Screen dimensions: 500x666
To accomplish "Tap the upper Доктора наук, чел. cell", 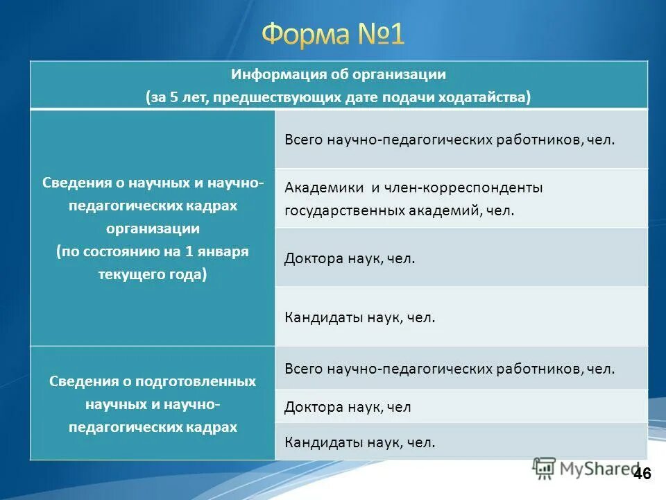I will click(x=461, y=258).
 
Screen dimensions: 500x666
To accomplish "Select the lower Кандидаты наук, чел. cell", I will click(x=461, y=442).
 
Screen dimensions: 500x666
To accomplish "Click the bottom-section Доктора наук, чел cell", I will click(x=461, y=407).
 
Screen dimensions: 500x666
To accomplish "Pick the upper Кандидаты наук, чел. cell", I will click(x=461, y=317).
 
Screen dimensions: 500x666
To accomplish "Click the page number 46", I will click(x=642, y=474).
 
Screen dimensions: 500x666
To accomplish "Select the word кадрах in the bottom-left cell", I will click(x=212, y=427).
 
